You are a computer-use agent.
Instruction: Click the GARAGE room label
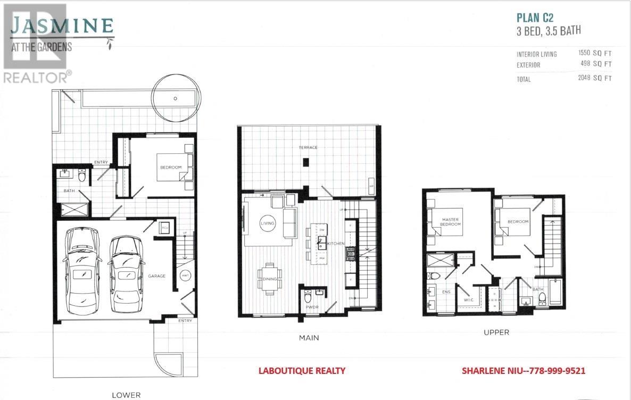click(157, 276)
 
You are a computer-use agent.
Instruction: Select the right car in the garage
click(126, 274)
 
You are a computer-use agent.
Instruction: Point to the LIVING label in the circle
click(267, 223)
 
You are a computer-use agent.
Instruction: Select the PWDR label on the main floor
click(311, 307)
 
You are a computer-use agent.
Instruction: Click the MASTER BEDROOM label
click(450, 222)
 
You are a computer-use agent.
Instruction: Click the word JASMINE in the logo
click(62, 26)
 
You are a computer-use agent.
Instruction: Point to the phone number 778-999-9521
click(559, 371)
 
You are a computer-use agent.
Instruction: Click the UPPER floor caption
click(496, 332)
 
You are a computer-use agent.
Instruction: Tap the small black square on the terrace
click(305, 163)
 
